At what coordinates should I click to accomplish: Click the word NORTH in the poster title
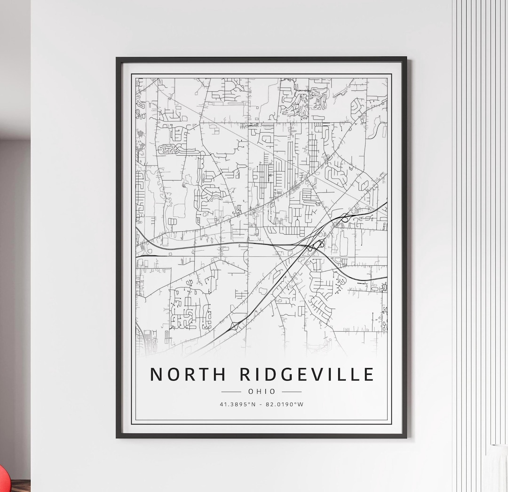tap(188, 374)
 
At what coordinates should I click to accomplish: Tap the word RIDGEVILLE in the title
tap(307, 374)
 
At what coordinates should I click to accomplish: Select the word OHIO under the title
tap(262, 391)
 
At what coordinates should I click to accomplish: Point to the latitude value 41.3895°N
tap(238, 404)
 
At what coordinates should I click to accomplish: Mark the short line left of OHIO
tap(231, 391)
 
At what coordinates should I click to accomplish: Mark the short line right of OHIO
tap(292, 391)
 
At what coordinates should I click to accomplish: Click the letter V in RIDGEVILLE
tap(317, 374)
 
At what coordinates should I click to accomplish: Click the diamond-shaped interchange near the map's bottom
tap(234, 325)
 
